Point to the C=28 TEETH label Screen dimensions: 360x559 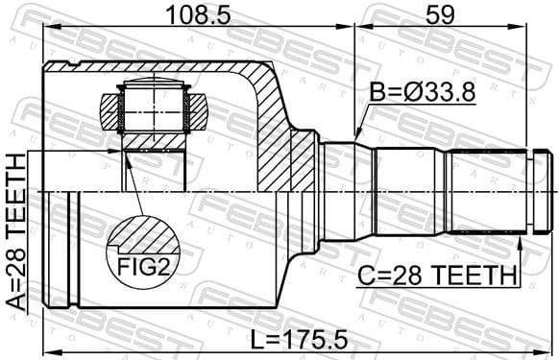437,277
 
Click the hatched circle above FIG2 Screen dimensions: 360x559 143,235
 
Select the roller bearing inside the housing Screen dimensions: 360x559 153,108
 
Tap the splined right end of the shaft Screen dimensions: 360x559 490,192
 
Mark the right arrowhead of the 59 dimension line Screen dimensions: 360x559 548,28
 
